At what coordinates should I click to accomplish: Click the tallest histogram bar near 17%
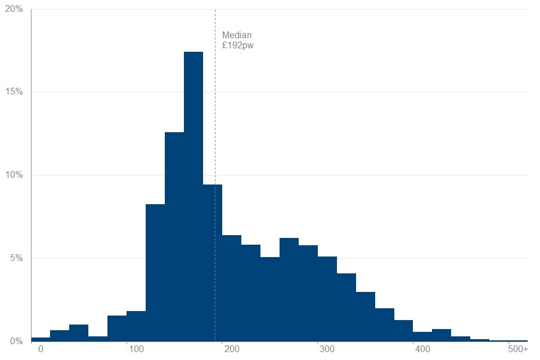coord(193,197)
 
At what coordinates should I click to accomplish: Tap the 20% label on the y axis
coord(15,9)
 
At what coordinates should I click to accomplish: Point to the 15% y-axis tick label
coord(15,92)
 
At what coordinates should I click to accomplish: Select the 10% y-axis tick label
coord(15,175)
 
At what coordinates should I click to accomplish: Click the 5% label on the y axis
coord(17,258)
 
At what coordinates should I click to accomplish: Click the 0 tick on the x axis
coord(40,350)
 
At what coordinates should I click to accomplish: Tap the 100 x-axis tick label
coord(136,350)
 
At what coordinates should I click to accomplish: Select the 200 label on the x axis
coord(231,350)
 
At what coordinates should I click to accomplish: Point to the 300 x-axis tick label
coord(327,350)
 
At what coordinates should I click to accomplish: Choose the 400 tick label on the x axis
coord(422,350)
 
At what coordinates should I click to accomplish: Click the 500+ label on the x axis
coord(517,350)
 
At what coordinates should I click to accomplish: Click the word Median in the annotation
coord(237,35)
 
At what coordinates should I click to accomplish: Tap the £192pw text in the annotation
coord(238,46)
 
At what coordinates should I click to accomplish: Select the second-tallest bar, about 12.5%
coord(174,236)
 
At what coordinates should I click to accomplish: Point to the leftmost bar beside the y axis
coord(40,339)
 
